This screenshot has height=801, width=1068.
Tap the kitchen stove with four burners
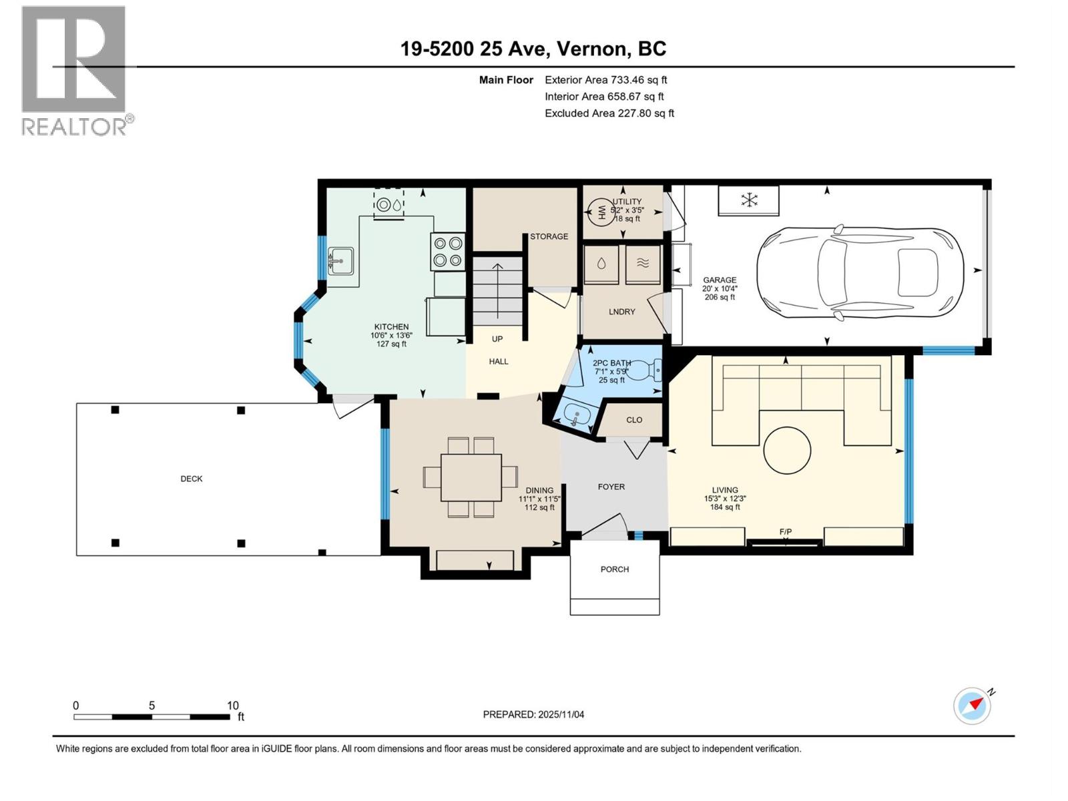[x=447, y=252]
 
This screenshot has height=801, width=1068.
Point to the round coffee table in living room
[x=787, y=451]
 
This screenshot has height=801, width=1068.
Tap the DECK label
[x=192, y=479]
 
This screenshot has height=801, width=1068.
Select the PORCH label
[x=615, y=569]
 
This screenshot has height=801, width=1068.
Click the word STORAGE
[x=549, y=236]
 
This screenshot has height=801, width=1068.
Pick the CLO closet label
[x=634, y=420]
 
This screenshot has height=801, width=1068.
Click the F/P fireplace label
[x=786, y=531]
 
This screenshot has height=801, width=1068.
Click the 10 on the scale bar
[x=232, y=706]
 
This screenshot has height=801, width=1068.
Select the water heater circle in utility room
[x=599, y=213]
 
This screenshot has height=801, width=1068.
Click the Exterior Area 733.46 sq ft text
[x=605, y=80]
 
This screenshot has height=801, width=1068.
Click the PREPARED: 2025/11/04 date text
[x=533, y=714]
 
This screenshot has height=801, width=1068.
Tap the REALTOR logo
[x=75, y=70]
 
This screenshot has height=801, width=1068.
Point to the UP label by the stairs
[x=497, y=339]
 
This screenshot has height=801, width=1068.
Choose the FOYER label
[x=611, y=487]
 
